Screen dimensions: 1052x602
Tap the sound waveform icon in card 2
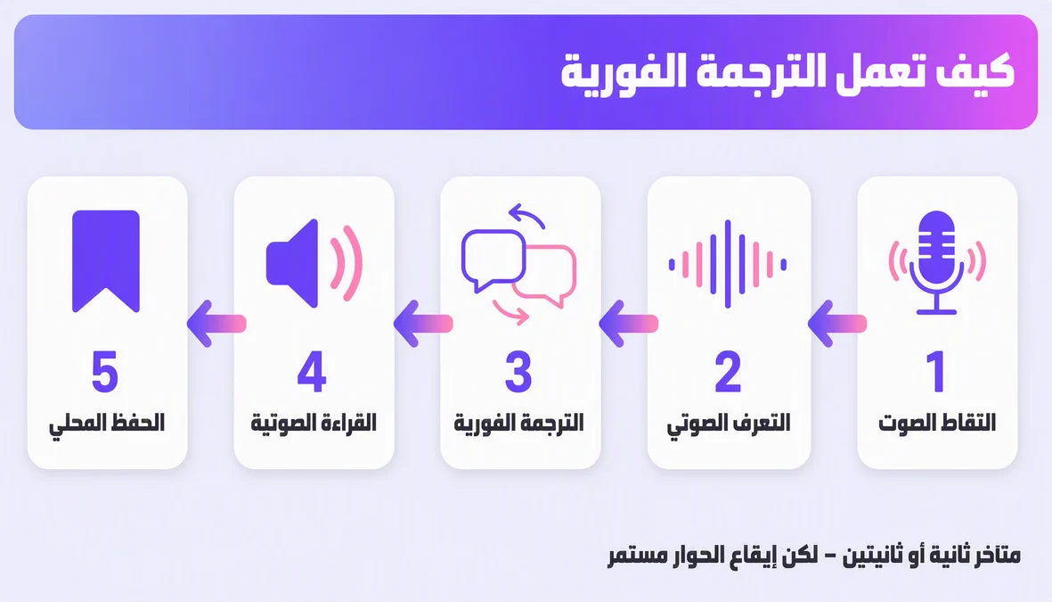[x=728, y=264]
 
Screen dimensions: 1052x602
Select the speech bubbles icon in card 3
[x=518, y=264]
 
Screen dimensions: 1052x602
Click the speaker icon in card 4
[x=314, y=263]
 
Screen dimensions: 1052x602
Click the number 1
[x=936, y=371]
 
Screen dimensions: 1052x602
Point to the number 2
[x=728, y=371]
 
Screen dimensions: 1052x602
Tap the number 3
[x=518, y=371]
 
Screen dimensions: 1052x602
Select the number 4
[x=312, y=371]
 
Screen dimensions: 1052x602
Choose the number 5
[x=105, y=371]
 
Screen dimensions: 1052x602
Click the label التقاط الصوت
[x=936, y=423]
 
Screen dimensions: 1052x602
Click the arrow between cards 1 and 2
[x=837, y=324]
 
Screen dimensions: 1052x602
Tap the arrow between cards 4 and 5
[x=216, y=324]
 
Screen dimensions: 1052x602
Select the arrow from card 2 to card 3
[x=629, y=324]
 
